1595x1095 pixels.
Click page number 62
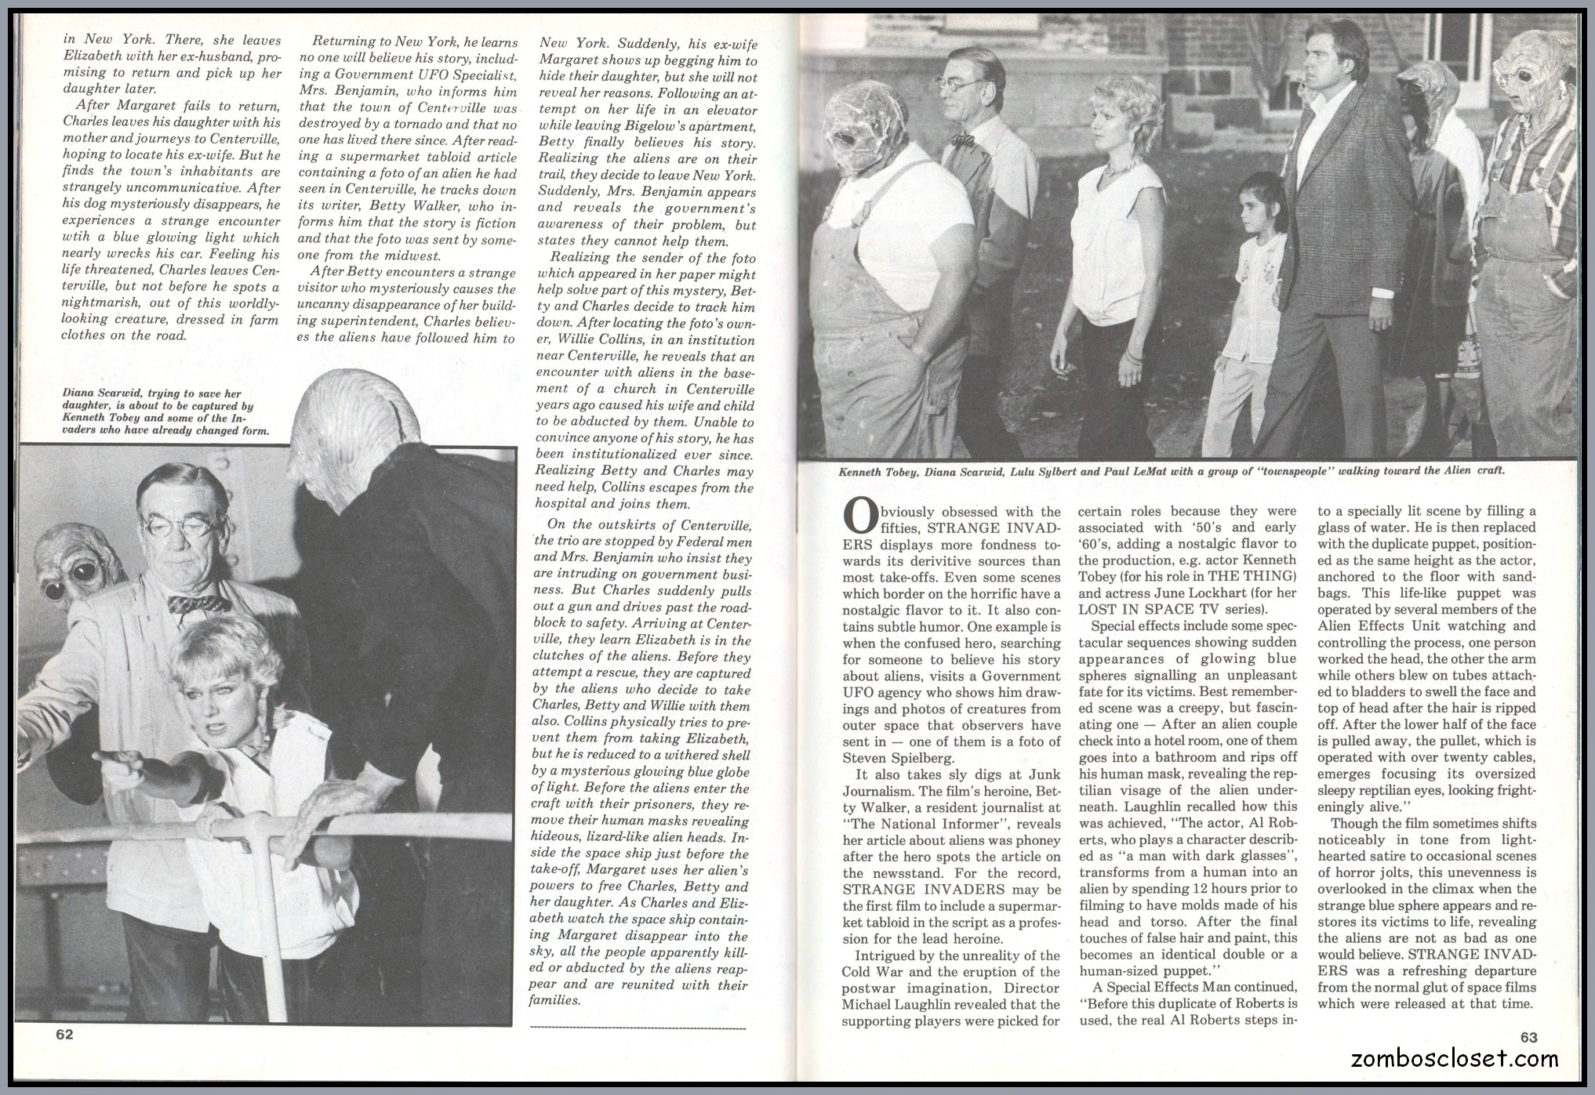tap(64, 1034)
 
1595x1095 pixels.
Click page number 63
tap(1529, 1037)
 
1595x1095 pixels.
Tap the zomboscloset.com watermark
tap(1455, 1059)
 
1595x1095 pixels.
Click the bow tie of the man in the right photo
tap(963, 140)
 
